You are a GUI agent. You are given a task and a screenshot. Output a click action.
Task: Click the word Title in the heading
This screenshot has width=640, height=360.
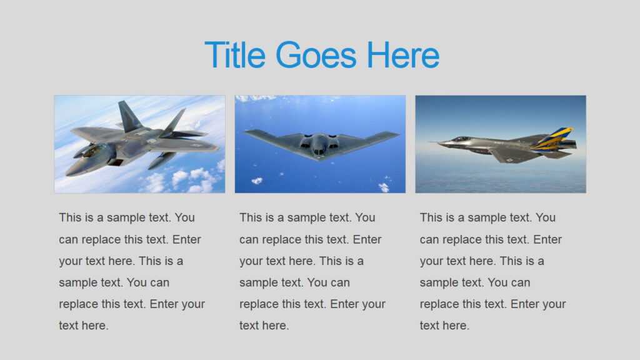tap(235, 55)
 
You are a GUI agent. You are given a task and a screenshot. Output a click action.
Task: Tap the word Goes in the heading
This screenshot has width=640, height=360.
tap(316, 55)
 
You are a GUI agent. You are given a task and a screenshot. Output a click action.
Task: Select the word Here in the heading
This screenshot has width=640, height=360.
tap(402, 55)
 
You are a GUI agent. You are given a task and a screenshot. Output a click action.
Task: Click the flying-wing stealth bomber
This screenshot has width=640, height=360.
tap(320, 144)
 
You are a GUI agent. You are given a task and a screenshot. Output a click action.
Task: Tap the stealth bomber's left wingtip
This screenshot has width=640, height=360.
tap(246, 132)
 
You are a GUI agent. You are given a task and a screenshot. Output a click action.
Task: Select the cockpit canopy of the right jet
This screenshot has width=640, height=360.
tap(461, 139)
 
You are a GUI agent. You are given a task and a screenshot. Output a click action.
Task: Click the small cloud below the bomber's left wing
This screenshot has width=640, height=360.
tap(257, 181)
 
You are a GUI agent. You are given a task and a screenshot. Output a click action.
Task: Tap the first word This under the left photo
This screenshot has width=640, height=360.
tap(70, 217)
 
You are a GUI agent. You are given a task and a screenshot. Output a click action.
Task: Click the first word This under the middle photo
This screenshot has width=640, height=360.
tap(251, 217)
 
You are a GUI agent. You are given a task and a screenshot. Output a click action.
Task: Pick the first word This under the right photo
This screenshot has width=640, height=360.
tap(431, 217)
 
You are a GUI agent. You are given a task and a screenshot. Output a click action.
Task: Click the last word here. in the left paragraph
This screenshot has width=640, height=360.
tap(94, 326)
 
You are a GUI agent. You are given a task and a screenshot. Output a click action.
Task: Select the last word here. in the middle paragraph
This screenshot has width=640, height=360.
tap(274, 326)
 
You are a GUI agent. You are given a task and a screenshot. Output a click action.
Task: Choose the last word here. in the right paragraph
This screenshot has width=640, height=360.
tap(455, 326)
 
